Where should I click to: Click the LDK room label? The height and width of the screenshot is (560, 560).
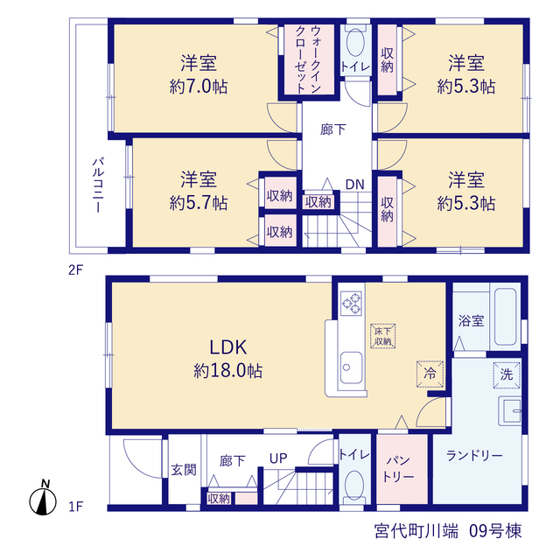click(x=227, y=347)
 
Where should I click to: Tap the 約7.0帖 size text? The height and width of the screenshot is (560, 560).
click(x=199, y=87)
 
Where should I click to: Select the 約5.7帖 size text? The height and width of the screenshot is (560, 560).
click(x=199, y=204)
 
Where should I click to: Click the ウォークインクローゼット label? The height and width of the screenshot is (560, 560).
click(x=308, y=59)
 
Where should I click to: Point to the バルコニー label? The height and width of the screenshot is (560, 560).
click(x=98, y=185)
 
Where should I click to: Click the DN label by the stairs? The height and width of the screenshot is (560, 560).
click(x=355, y=185)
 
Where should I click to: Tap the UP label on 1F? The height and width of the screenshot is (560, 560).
click(x=278, y=458)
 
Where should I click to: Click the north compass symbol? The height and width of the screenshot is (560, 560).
click(x=43, y=498)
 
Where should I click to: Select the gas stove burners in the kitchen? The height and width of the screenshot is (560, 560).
click(x=351, y=304)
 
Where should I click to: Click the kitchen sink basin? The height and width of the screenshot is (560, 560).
click(x=351, y=367)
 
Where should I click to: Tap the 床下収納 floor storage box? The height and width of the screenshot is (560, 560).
click(x=383, y=336)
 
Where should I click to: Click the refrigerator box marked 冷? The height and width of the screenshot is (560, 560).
click(x=430, y=374)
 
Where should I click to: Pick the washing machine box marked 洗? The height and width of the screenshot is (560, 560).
click(x=507, y=374)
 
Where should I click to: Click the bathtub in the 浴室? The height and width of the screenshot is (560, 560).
click(x=506, y=317)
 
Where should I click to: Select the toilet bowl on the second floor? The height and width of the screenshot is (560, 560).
click(x=355, y=41)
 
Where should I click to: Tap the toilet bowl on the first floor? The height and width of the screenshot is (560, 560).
click(x=355, y=485)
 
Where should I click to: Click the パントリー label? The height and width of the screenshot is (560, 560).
click(x=398, y=469)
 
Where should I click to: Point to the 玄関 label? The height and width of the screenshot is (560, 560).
click(x=184, y=470)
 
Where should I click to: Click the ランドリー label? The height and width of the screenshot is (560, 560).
click(x=474, y=455)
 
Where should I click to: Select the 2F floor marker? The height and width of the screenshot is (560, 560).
click(x=75, y=270)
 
